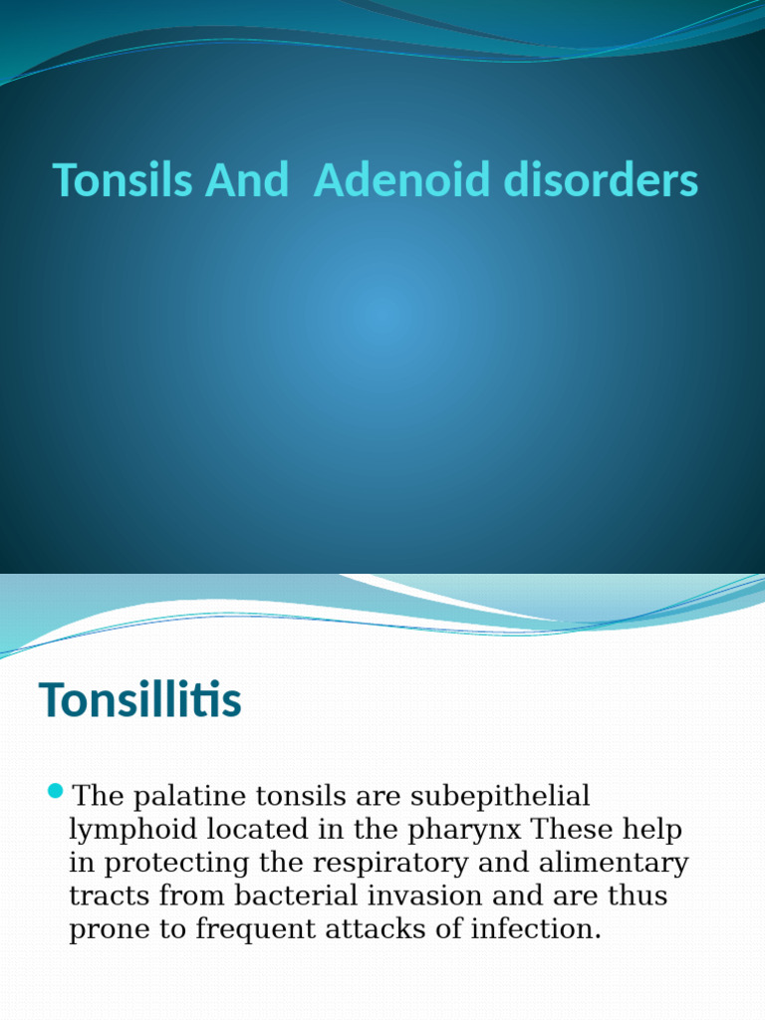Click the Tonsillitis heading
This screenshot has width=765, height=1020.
pyautogui.click(x=139, y=701)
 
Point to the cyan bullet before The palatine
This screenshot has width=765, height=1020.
pyautogui.click(x=55, y=792)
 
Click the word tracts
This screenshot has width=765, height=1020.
pyautogui.click(x=107, y=896)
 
